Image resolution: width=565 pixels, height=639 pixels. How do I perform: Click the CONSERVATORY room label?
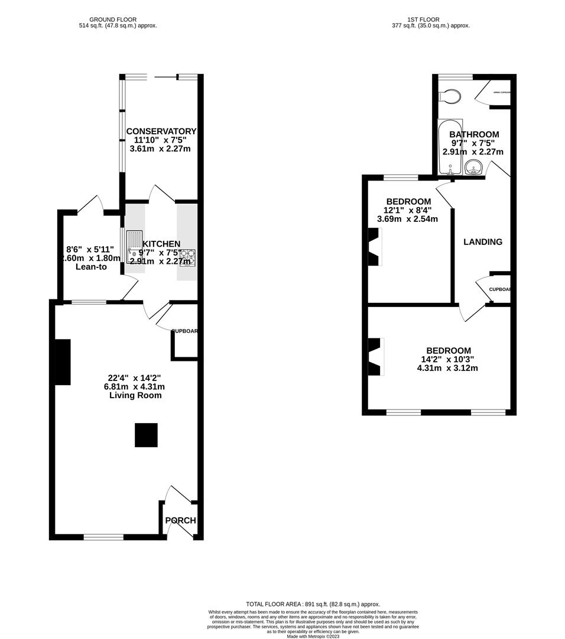(x=161, y=131)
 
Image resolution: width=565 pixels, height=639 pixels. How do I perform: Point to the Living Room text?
(x=135, y=395)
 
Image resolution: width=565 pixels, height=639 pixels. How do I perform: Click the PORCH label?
(x=180, y=521)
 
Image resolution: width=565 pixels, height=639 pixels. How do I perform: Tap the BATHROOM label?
(x=473, y=134)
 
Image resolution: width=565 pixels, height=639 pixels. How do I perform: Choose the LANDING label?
(x=483, y=242)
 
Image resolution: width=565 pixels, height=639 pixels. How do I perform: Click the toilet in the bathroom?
(x=450, y=96)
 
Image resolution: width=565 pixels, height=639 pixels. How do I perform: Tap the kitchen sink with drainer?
(x=134, y=246)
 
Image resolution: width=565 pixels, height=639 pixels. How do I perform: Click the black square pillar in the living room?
(x=146, y=435)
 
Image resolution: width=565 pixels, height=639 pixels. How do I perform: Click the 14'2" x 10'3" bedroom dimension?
(x=446, y=359)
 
